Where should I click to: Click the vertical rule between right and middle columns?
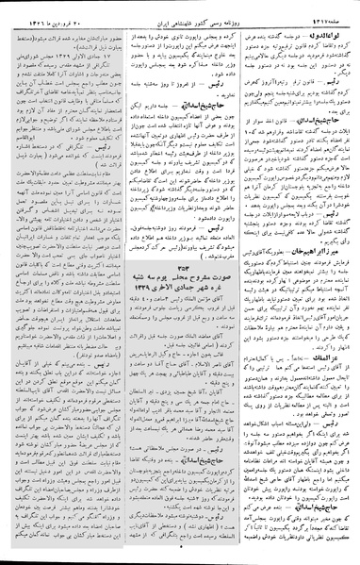click(237, 283)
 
